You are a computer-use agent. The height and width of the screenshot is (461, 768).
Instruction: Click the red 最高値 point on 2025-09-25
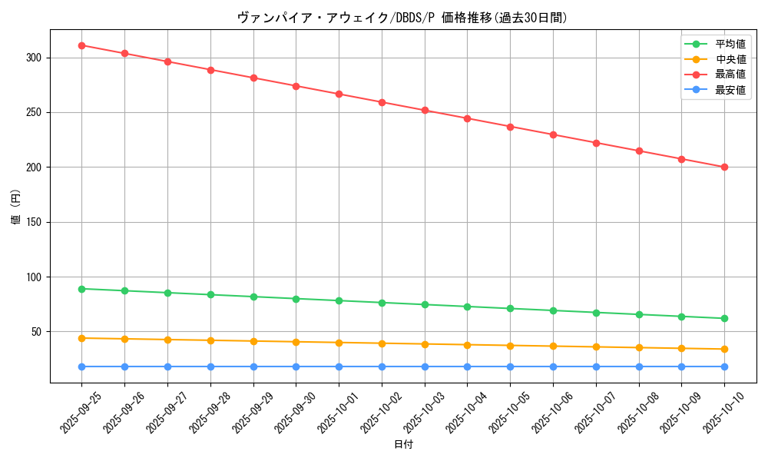pyautogui.click(x=81, y=45)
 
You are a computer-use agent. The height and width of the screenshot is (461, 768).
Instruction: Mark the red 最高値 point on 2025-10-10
pyautogui.click(x=724, y=167)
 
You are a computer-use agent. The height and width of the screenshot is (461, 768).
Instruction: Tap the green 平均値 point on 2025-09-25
pyautogui.click(x=81, y=289)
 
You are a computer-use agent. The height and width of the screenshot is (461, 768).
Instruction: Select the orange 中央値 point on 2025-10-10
pyautogui.click(x=724, y=349)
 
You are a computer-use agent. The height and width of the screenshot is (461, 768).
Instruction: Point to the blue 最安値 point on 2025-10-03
pyautogui.click(x=424, y=366)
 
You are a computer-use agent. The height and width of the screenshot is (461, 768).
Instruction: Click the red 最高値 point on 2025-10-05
pyautogui.click(x=510, y=126)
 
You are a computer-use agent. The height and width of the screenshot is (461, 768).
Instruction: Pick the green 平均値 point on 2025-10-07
pyautogui.click(x=596, y=313)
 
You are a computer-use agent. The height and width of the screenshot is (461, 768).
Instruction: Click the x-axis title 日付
pyautogui.click(x=403, y=445)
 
